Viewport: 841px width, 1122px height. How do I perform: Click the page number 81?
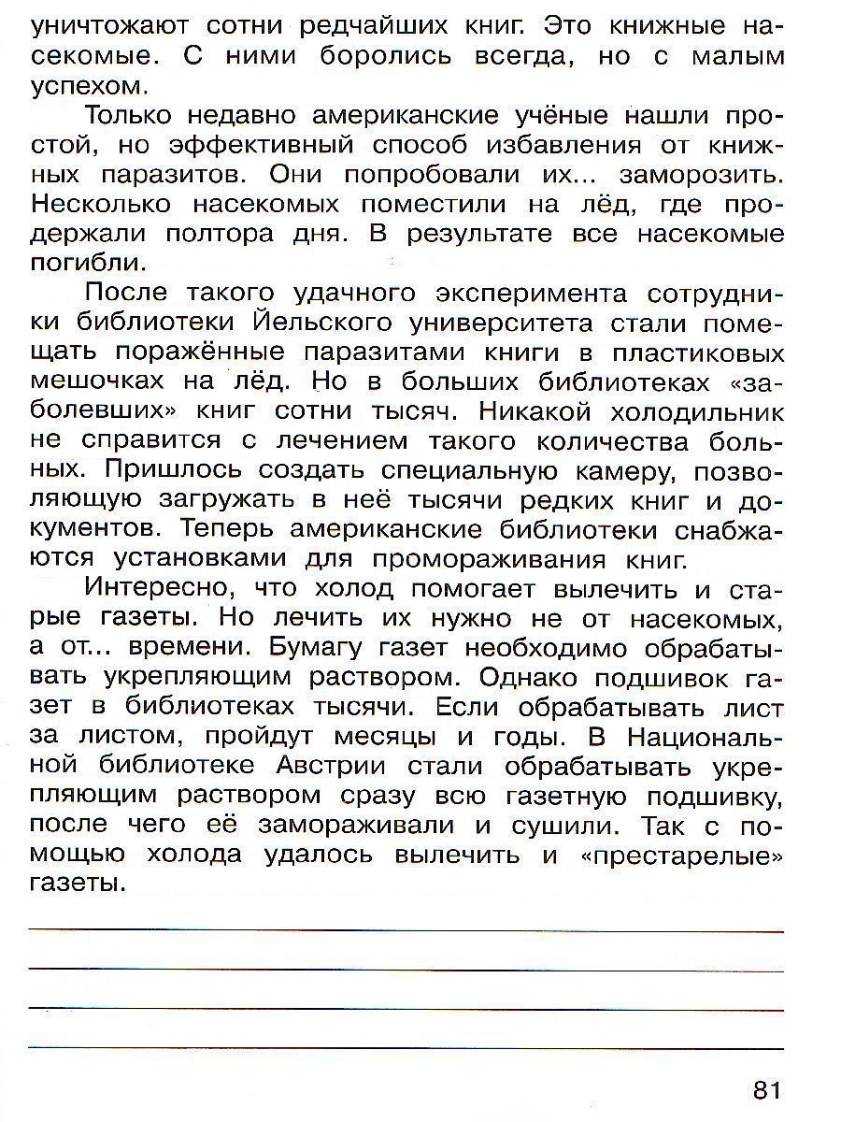click(x=764, y=1089)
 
